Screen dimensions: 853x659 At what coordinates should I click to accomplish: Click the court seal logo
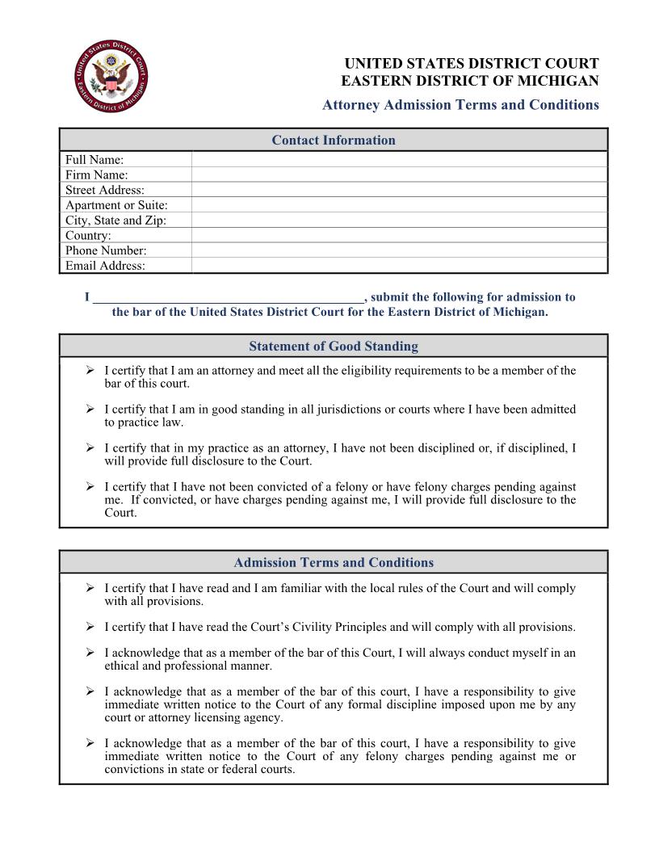pos(110,78)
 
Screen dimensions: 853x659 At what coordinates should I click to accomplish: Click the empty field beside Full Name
pos(399,160)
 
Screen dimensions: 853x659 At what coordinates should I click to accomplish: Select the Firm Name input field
pos(399,174)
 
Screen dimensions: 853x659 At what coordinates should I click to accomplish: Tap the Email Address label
pos(105,266)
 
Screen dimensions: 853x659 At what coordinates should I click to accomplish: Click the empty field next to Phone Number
pos(399,250)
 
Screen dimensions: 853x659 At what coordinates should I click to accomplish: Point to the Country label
pos(88,236)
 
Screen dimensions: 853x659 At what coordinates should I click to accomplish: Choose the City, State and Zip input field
pos(399,221)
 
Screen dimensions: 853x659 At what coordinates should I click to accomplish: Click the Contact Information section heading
pos(333,141)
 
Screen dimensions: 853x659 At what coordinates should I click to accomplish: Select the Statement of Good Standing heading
pos(333,347)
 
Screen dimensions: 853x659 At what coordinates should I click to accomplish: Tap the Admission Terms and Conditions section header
pos(333,563)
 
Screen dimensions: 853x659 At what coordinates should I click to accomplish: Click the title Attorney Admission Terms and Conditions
pos(460,105)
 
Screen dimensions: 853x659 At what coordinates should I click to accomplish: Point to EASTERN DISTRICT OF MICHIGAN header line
pos(469,81)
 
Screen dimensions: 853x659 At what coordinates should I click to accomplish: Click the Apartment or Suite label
pos(116,205)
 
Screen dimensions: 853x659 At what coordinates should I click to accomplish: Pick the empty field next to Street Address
pos(399,190)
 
